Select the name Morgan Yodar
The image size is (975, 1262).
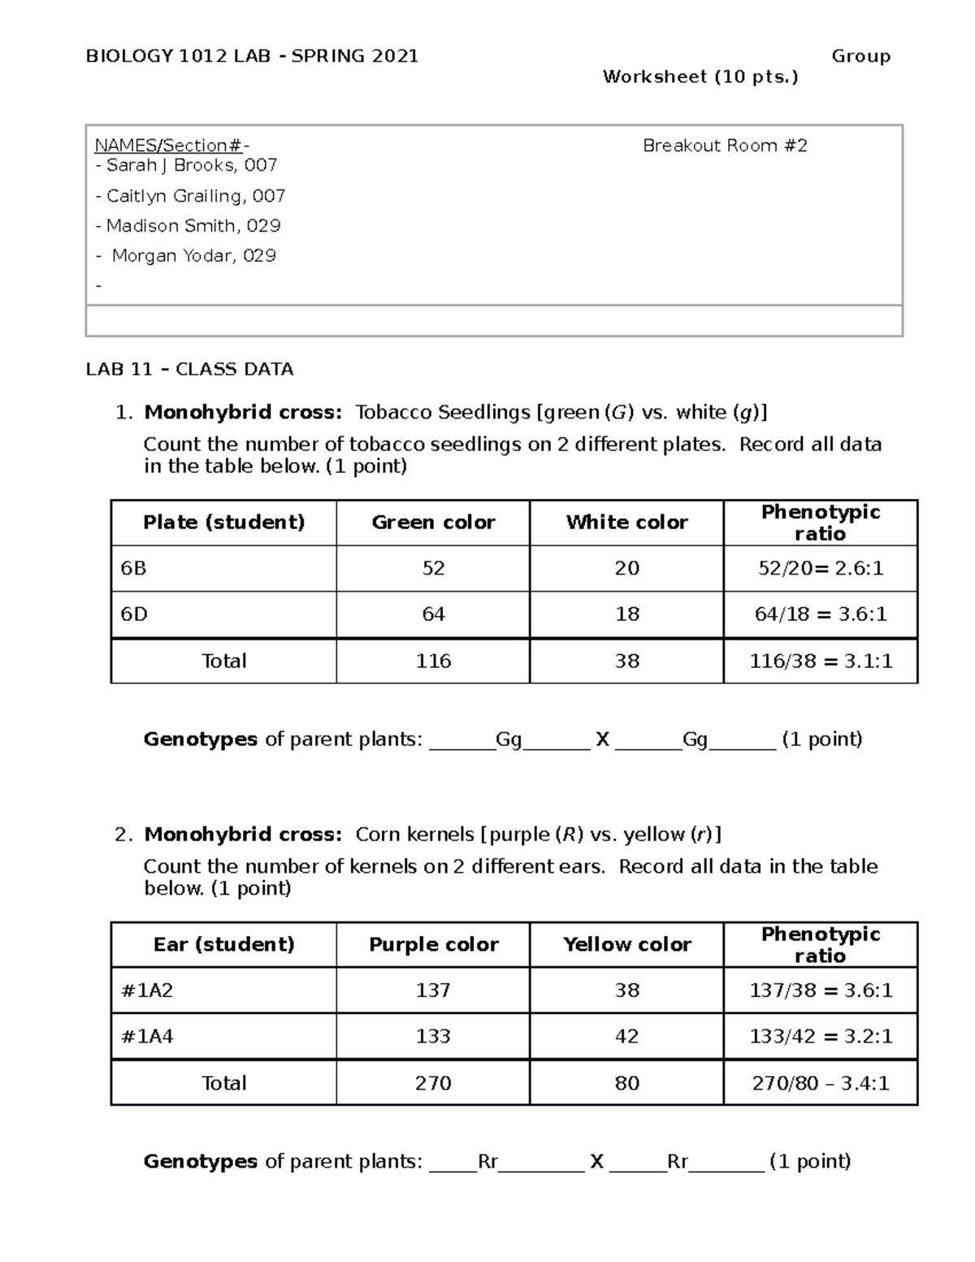193,256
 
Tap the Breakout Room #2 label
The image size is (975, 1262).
725,146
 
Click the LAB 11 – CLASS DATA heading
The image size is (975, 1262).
189,370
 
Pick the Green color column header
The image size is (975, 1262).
433,523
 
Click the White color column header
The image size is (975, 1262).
626,523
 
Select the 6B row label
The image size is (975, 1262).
133,568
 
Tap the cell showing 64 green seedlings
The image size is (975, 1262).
433,614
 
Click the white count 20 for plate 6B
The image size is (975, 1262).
626,568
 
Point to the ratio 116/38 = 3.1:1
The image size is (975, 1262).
821,661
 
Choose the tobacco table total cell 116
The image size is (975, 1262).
433,661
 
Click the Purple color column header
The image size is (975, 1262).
433,944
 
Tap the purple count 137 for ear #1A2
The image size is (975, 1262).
433,991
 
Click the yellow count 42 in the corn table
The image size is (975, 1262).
626,1037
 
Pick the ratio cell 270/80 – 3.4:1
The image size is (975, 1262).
821,1083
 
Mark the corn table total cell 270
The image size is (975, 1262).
433,1083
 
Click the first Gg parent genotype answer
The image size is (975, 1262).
509,739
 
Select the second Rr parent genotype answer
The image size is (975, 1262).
678,1162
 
